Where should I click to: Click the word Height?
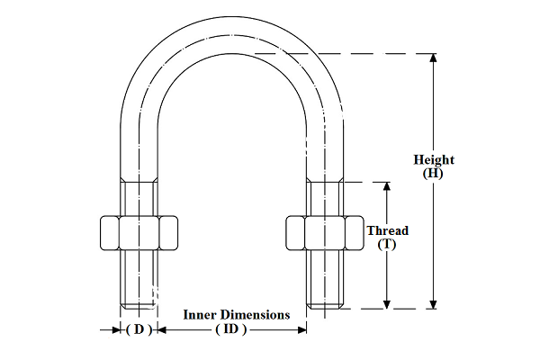434,160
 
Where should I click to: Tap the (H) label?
433,173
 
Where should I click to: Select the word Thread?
387,230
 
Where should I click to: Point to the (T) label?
387,244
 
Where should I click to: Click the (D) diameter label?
139,329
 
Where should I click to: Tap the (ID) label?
230,329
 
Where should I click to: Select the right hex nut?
324,232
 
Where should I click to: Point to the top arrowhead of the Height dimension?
433,58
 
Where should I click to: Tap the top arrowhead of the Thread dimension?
387,186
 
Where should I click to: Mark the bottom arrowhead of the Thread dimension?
387,304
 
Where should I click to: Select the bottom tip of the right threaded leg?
324,309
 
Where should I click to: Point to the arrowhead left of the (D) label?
118,330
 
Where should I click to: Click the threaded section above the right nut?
324,198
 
